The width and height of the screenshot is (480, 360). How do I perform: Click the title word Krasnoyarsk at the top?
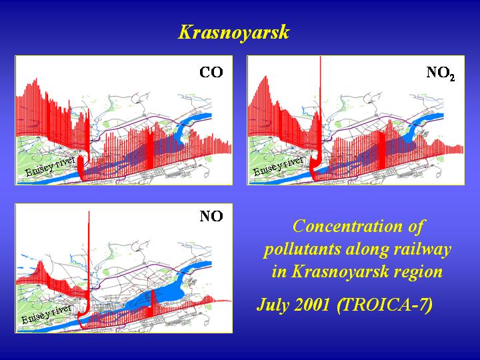pos(233,33)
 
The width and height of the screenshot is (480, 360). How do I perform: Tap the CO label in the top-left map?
pos(211,73)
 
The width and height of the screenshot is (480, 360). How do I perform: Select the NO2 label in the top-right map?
pos(441,73)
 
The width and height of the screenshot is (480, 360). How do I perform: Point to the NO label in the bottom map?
pos(211,216)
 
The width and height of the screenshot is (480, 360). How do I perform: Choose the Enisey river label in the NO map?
pos(47,314)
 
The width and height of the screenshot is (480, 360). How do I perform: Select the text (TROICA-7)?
pos(385,305)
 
